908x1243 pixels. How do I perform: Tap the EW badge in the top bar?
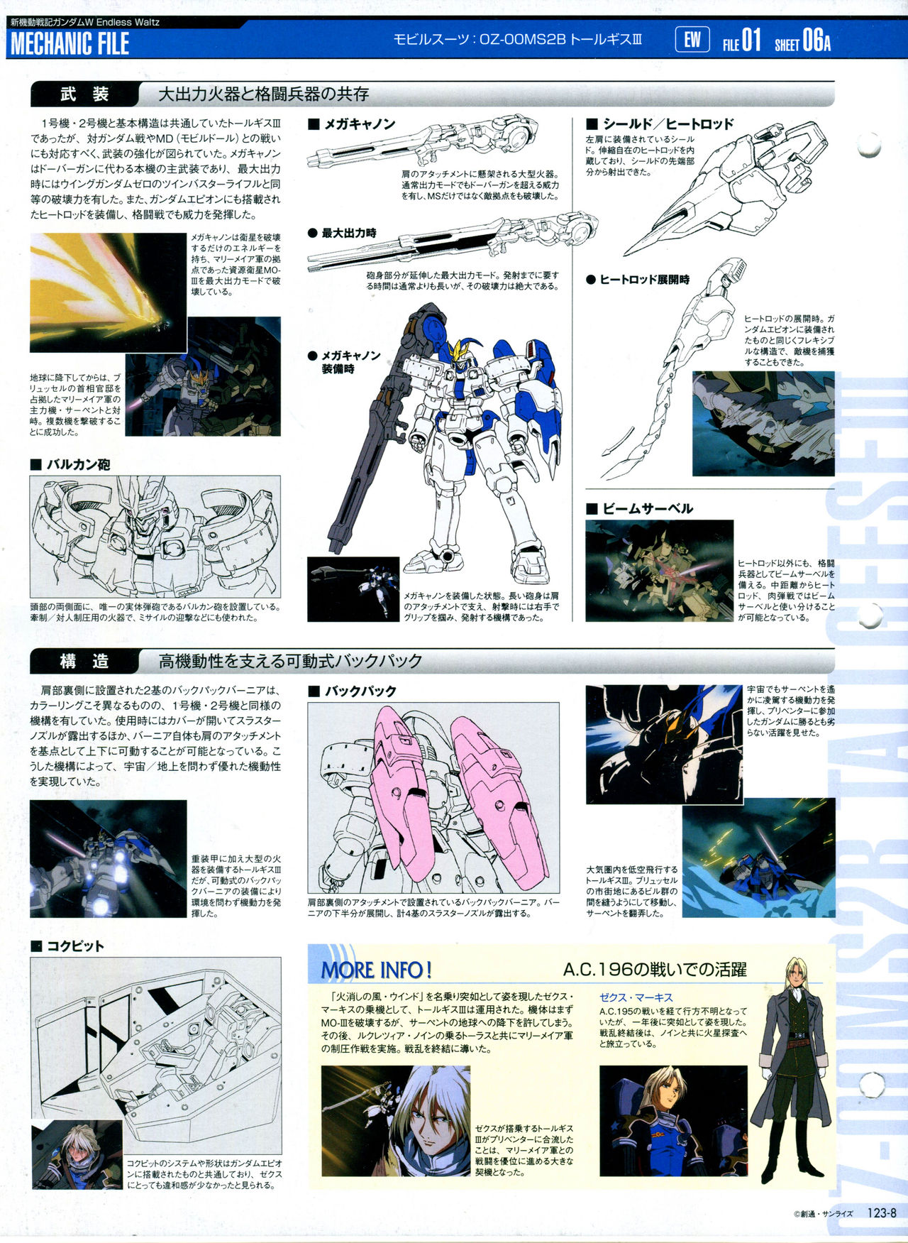tap(692, 40)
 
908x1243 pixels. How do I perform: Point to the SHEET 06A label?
tap(802, 41)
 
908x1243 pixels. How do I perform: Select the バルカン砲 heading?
tap(70, 465)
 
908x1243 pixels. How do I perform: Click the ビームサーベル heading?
tap(639, 508)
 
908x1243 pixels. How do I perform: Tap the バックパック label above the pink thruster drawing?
tap(353, 691)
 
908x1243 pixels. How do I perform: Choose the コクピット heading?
tap(67, 946)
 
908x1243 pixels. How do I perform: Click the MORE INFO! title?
tap(377, 970)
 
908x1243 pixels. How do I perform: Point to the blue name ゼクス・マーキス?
tap(636, 997)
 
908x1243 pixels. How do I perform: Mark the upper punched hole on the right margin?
tap(870, 144)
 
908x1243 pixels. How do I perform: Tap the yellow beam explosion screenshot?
tap(108, 292)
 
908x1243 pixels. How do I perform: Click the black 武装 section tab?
tap(84, 94)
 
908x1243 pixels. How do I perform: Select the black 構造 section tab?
tap(84, 662)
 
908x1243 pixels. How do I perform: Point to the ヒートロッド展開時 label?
tap(638, 280)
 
